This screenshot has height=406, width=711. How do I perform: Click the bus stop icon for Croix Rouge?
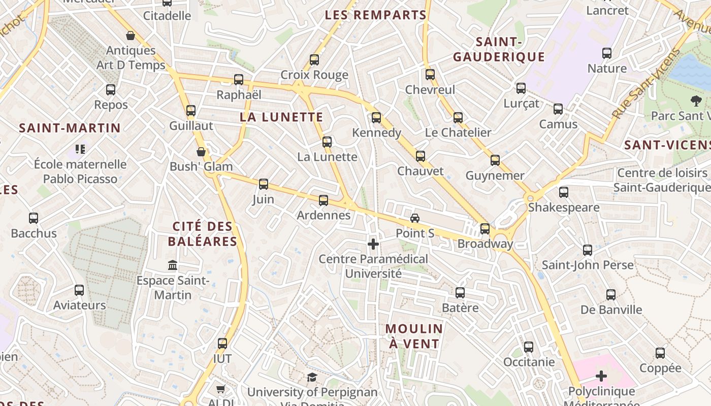[314, 60]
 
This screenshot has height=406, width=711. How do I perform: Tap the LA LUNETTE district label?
[281, 117]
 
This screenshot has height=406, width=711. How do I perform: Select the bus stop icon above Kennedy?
[376, 118]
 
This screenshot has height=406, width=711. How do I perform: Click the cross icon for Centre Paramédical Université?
[373, 244]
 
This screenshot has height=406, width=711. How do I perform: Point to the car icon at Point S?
[415, 218]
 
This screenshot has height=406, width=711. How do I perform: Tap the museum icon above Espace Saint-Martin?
[173, 265]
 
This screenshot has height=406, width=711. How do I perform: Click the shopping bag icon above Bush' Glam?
[201, 152]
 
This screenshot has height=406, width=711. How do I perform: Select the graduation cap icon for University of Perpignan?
[312, 377]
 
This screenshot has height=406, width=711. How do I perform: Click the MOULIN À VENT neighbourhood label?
[414, 336]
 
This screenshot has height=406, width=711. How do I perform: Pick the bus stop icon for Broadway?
[485, 229]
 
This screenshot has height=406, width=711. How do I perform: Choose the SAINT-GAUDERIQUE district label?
[499, 49]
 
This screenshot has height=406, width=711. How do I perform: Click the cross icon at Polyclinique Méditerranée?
[601, 376]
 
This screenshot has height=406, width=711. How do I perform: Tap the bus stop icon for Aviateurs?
[79, 290]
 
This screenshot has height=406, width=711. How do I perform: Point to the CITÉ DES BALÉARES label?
[203, 234]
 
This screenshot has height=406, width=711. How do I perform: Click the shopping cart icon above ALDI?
[220, 389]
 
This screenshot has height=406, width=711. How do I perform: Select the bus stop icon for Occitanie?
[529, 347]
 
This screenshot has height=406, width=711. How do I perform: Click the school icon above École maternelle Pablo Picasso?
[80, 149]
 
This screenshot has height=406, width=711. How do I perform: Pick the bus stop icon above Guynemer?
[495, 160]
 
